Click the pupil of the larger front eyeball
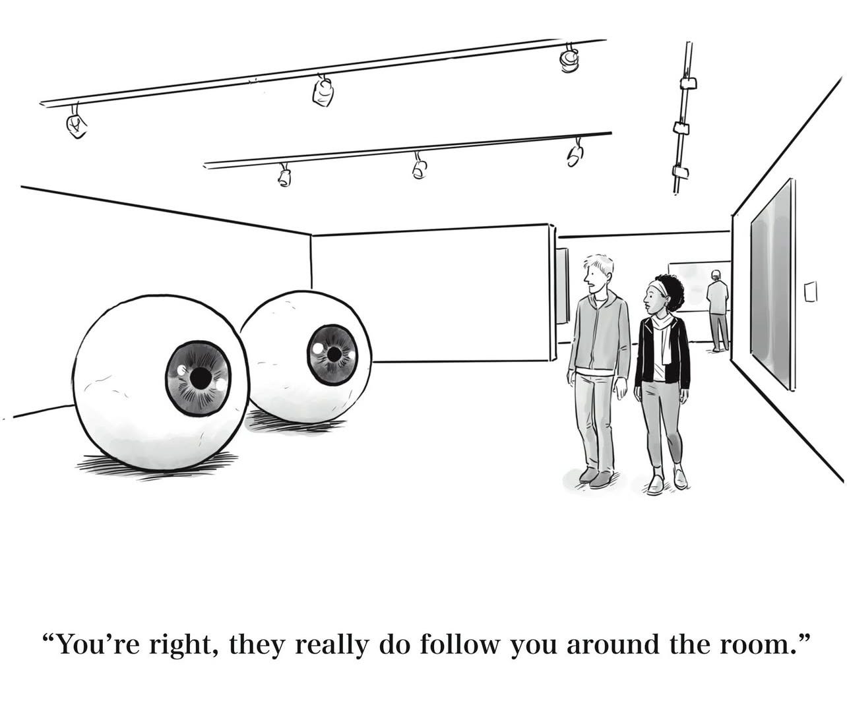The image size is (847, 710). [197, 377]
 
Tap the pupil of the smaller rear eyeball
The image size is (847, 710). [334, 355]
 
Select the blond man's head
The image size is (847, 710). [598, 272]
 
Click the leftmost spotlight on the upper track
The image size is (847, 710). [76, 125]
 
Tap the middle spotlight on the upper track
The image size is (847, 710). [323, 92]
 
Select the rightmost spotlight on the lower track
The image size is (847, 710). [575, 154]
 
